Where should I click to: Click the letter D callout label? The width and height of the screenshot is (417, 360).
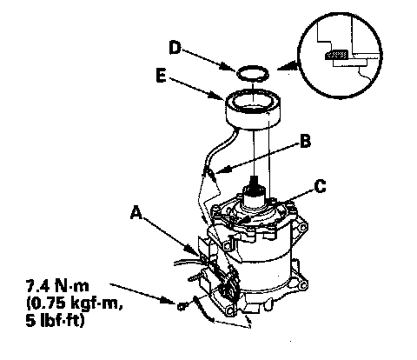(175, 48)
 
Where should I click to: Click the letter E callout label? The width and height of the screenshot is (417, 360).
(161, 76)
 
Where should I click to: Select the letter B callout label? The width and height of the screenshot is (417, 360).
(305, 142)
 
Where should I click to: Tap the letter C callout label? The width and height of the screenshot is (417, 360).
(320, 186)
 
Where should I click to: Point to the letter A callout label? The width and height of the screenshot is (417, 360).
(136, 212)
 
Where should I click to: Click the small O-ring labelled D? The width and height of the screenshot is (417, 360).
(253, 73)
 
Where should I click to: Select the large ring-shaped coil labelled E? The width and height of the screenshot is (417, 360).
(253, 110)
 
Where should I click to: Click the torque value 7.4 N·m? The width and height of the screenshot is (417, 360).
(57, 286)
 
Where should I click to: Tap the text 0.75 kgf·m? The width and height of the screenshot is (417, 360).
(74, 303)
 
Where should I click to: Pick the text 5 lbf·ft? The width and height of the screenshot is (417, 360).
(55, 321)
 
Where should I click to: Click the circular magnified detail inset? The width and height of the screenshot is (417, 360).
(340, 56)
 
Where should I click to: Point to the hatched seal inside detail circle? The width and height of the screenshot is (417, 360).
(336, 55)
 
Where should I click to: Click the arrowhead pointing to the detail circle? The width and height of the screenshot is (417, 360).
(288, 66)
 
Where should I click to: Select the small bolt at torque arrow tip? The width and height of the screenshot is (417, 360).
(182, 306)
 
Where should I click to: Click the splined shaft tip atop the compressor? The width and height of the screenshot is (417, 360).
(255, 185)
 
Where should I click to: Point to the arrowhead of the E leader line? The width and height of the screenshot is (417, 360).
(219, 97)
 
